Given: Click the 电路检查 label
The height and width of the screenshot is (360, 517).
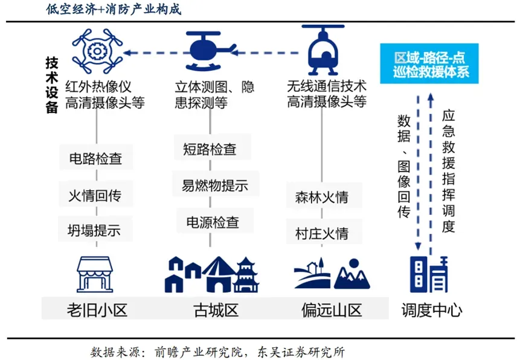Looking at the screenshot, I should pyautogui.click(x=96, y=159).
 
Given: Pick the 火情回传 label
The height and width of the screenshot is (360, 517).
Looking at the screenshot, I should pyautogui.click(x=96, y=194).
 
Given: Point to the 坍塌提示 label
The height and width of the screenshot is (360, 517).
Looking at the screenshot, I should pyautogui.click(x=96, y=230).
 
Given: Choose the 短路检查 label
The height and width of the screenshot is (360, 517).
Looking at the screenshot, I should pyautogui.click(x=210, y=149).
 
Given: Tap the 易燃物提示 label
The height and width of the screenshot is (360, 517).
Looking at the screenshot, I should pyautogui.click(x=211, y=185).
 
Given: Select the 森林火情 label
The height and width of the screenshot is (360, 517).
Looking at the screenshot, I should pyautogui.click(x=321, y=198).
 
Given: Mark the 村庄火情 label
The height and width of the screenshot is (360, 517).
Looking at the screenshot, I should pyautogui.click(x=321, y=233).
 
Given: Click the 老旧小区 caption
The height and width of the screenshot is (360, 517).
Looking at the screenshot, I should pyautogui.click(x=97, y=310).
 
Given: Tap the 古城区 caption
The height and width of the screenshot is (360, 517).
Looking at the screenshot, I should pyautogui.click(x=215, y=310).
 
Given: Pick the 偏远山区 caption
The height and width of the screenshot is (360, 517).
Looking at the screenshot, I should pyautogui.click(x=331, y=310).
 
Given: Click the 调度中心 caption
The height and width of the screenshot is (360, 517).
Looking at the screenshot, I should pyautogui.click(x=431, y=310).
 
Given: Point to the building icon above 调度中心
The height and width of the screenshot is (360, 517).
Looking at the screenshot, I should pyautogui.click(x=429, y=273).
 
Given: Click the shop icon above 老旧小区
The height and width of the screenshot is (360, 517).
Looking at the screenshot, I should pyautogui.click(x=96, y=274).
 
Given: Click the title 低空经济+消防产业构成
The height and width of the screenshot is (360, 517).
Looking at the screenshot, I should pyautogui.click(x=113, y=10).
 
